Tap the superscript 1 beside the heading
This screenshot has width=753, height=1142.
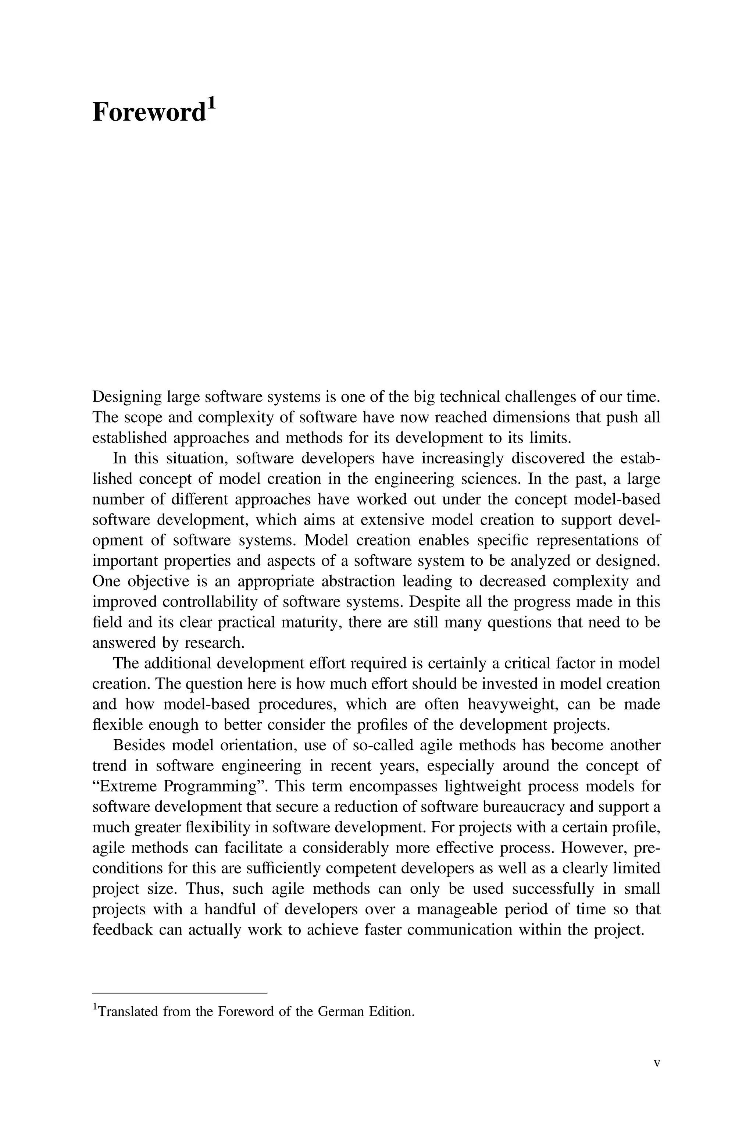(x=212, y=103)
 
